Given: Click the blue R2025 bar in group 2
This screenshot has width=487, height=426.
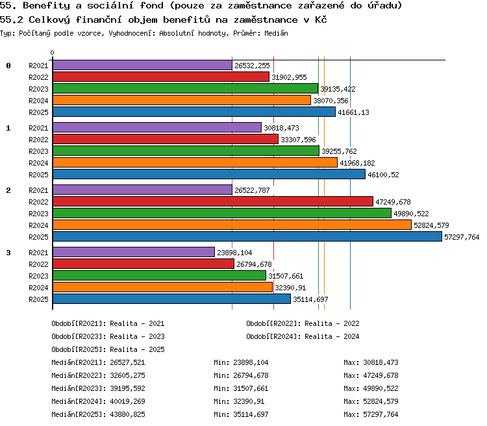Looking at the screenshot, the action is pos(247,236).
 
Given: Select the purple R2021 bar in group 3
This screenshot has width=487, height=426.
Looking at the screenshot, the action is pos(134,252).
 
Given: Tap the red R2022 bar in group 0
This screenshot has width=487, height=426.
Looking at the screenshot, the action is pos(161,77).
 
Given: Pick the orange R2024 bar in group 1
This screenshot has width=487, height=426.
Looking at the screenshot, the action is pos(195,162).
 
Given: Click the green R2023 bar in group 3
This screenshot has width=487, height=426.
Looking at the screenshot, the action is pos(159,275).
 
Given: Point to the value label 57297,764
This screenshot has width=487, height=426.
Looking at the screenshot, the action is pos(462,237).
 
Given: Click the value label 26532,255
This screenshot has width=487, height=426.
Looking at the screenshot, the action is pos(252,66).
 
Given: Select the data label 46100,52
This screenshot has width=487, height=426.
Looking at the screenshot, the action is pos(383,175).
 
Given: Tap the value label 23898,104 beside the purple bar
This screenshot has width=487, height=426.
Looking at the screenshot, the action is pos(234,253).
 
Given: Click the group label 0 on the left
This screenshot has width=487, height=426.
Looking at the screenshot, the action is pos(8,66).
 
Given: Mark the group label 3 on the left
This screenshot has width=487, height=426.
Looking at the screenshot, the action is pos(8,253).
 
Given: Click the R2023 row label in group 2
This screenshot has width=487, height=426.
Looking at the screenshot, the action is pos(38,214).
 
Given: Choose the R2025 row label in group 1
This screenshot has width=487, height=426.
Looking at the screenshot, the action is pos(38,175).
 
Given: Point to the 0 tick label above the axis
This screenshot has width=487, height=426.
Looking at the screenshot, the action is pos(52,53).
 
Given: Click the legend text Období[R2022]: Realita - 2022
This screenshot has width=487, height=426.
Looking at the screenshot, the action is pos(303,323).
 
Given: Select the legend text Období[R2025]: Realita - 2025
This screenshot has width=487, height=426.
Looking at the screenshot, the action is pos(108,349).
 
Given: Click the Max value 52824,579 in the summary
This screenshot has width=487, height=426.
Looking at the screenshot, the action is pos(381,401).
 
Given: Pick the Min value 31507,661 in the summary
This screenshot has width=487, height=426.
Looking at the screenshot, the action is pos(251,388).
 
